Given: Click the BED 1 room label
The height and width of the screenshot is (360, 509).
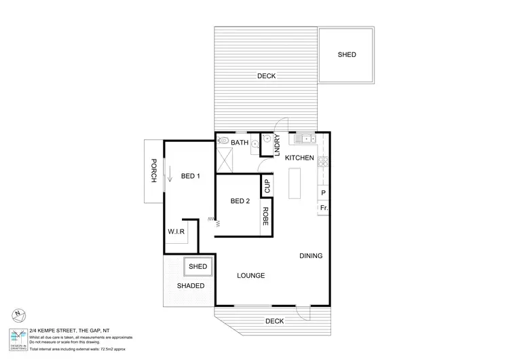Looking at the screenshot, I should [190, 177].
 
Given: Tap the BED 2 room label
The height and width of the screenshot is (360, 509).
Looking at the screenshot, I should [240, 201].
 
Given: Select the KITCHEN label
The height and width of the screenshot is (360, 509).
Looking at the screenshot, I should [299, 158].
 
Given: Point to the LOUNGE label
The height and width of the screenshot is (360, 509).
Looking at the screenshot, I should [250, 275].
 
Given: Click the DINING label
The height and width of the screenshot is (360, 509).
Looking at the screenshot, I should [311, 256].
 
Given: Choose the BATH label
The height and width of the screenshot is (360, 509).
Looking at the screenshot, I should [240, 143].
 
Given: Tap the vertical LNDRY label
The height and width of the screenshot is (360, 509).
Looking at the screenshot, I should [277, 145].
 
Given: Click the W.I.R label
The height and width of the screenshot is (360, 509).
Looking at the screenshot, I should [176, 232].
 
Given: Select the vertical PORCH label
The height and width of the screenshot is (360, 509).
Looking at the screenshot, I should [153, 170].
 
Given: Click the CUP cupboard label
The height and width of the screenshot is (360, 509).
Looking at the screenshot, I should [267, 185].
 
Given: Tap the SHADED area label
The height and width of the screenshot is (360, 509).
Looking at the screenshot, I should [191, 286].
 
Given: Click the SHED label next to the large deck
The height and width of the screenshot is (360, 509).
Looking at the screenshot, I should [347, 55].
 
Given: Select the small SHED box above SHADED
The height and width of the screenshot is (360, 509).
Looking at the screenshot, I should [197, 267].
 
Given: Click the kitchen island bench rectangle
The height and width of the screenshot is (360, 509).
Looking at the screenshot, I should [295, 182].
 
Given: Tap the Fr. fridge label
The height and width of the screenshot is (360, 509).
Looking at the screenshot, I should [324, 207].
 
